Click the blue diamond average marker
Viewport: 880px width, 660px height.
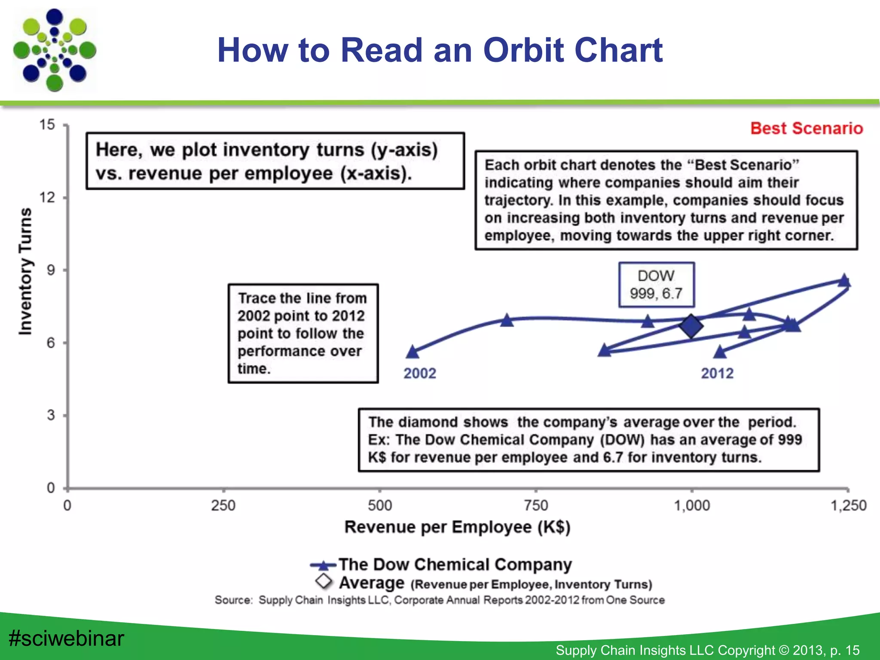click(x=691, y=326)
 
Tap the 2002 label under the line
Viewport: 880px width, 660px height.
click(x=419, y=373)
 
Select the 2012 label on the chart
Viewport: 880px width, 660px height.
click(x=717, y=373)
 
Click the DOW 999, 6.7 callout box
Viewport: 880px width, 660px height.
click(x=656, y=284)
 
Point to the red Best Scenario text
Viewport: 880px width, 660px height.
click(x=807, y=128)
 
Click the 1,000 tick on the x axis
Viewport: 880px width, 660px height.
click(x=692, y=505)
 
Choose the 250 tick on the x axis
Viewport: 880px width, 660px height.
click(x=223, y=505)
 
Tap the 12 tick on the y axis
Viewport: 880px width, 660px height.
click(x=48, y=198)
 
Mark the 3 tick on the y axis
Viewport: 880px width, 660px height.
click(x=51, y=415)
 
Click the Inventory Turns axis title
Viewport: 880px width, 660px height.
click(x=25, y=271)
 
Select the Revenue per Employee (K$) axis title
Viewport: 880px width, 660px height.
click(x=457, y=527)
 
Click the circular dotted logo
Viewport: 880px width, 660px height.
click(x=55, y=50)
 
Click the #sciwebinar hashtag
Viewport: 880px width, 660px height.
click(x=67, y=638)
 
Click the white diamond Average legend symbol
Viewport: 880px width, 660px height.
click(x=324, y=581)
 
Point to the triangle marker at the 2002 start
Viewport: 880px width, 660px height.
click(x=412, y=352)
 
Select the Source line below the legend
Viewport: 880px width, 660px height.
click(x=440, y=600)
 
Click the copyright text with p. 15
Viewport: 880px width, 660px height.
click(x=707, y=650)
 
